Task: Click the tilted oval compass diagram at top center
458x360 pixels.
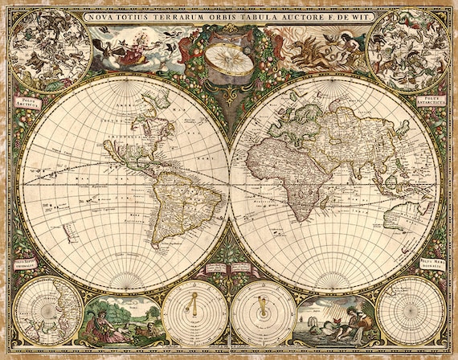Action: coord(227,57)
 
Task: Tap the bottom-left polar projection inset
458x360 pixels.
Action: coord(49,310)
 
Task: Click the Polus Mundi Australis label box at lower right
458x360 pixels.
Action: coord(430,264)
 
